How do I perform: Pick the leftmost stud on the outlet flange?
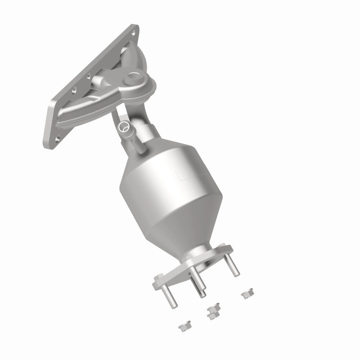click(x=168, y=294)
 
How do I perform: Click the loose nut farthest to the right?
click(x=245, y=295)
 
